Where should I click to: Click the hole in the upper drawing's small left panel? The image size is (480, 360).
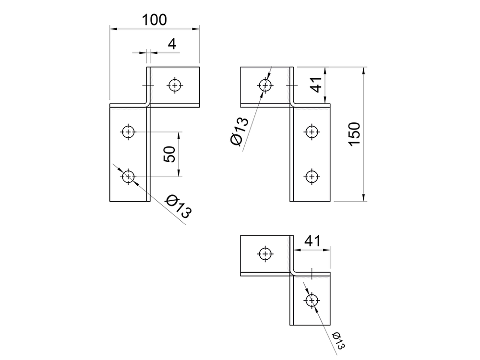(x=265, y=85)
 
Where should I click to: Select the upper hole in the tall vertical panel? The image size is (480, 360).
(x=312, y=132)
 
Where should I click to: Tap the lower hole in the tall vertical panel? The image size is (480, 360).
(x=312, y=177)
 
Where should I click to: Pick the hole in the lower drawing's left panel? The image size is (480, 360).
(x=265, y=253)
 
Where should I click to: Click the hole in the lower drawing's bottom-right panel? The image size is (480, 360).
(x=312, y=300)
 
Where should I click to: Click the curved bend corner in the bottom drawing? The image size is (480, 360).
(x=293, y=272)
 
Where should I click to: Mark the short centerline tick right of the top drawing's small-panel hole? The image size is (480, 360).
(x=288, y=85)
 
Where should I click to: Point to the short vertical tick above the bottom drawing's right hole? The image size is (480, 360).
(x=312, y=275)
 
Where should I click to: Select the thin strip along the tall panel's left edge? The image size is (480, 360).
(x=292, y=154)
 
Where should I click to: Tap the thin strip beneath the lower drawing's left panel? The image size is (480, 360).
(x=265, y=274)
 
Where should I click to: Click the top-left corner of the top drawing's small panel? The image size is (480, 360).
(x=241, y=68)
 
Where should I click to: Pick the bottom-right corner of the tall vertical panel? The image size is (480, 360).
(x=330, y=201)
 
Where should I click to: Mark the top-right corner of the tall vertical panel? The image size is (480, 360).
(x=330, y=108)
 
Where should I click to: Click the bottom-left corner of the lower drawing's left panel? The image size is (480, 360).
(x=241, y=275)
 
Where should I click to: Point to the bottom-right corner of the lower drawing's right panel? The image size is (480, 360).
(x=330, y=324)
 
